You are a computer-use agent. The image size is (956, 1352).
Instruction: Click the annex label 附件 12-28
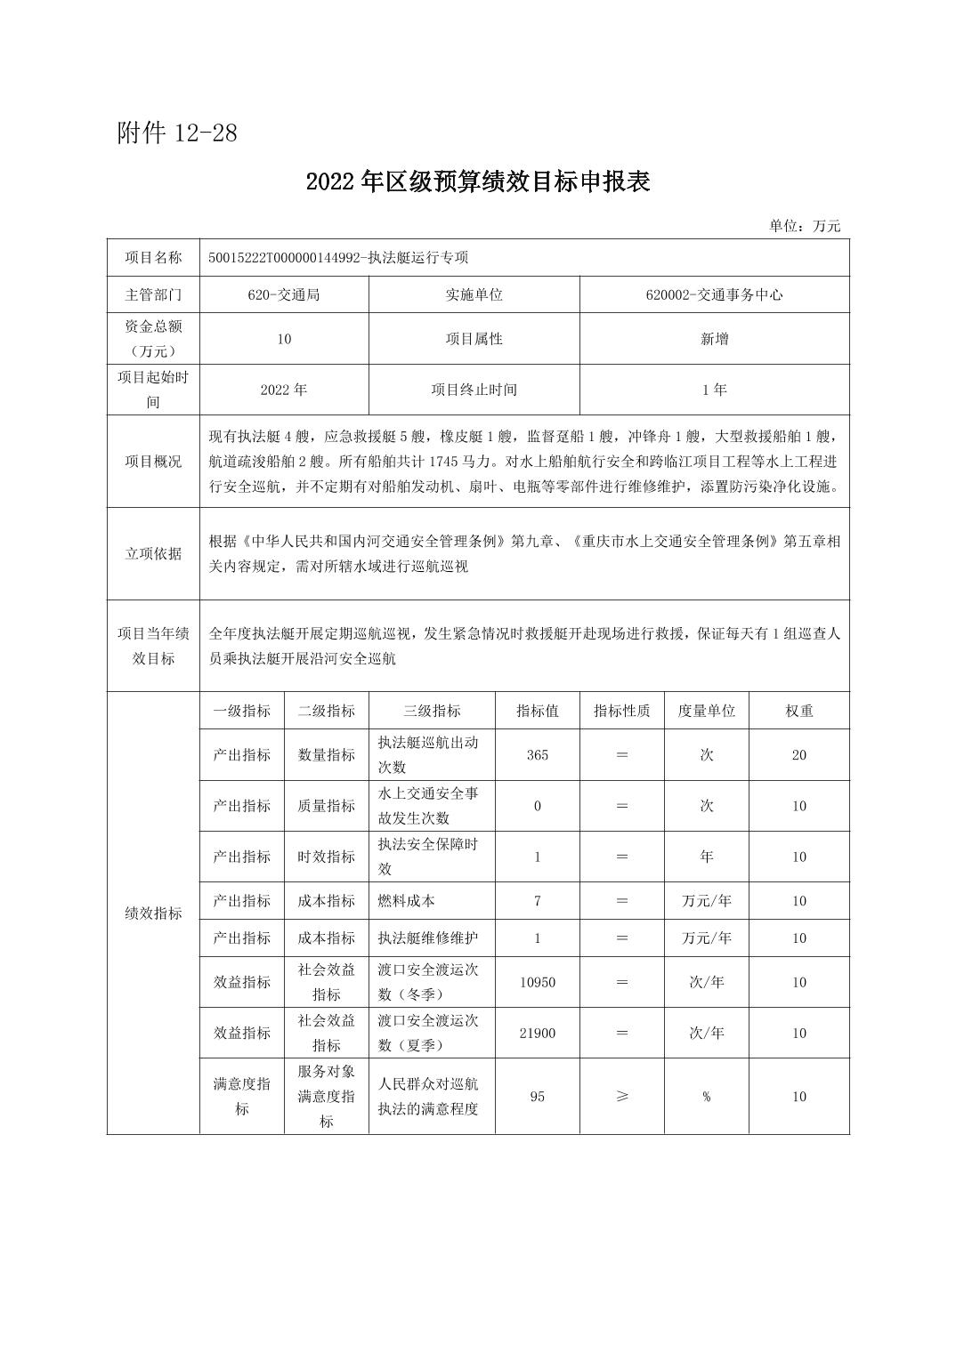(177, 133)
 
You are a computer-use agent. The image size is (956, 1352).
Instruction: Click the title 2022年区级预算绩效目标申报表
(478, 181)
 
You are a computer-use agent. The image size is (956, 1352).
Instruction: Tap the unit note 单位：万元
(805, 226)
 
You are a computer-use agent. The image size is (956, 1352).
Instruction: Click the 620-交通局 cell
(284, 294)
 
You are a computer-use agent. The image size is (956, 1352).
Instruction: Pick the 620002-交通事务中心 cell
(714, 294)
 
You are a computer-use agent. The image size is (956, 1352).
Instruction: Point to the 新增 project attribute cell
(714, 339)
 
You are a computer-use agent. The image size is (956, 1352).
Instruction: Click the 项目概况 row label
(153, 462)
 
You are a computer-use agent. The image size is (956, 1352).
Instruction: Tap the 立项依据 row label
(153, 553)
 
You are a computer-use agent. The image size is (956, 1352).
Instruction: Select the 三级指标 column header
(432, 711)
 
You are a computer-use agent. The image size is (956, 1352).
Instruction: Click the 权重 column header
(798, 711)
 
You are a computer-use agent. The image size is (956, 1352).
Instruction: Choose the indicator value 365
(538, 755)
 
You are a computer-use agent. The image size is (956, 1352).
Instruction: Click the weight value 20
(798, 755)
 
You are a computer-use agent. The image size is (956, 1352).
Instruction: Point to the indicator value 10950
(538, 982)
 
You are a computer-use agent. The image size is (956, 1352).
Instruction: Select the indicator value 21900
(538, 1033)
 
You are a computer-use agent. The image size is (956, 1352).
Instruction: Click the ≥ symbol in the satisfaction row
(621, 1097)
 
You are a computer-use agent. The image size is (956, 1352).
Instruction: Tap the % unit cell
(706, 1097)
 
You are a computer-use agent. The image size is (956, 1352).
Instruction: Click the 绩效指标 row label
(153, 913)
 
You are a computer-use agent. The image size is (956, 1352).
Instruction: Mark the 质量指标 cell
(327, 806)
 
